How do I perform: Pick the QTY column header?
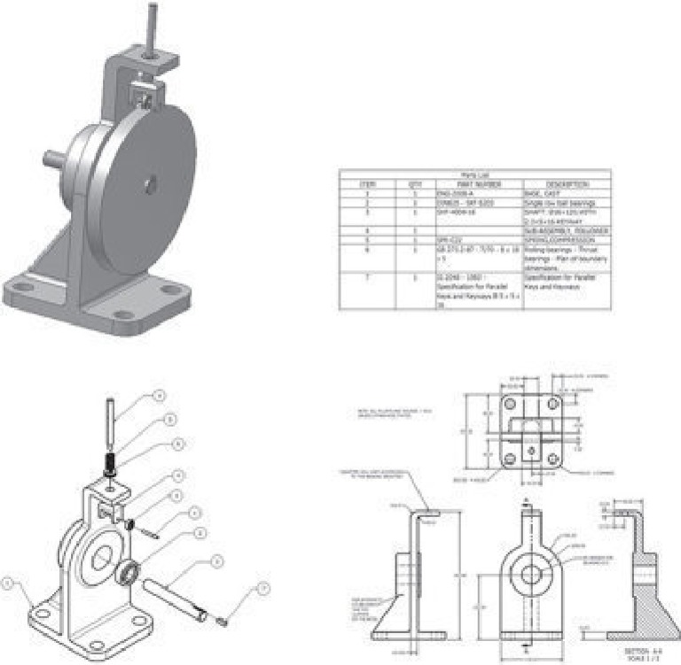(412, 183)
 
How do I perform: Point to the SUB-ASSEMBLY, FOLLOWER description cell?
(567, 230)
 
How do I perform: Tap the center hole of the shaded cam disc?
(152, 184)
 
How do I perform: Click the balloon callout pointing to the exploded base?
(8, 583)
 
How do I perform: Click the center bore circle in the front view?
(530, 574)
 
